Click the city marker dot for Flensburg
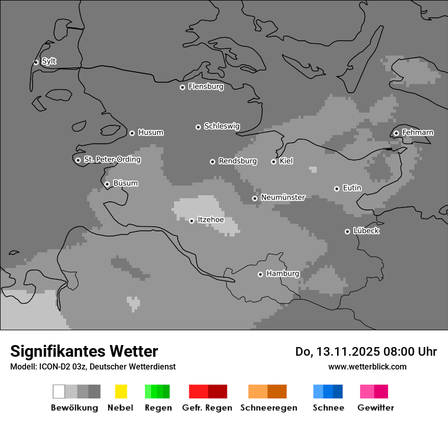click(x=182, y=87)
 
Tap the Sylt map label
click(x=49, y=62)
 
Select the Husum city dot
click(x=132, y=133)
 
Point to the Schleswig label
click(x=221, y=126)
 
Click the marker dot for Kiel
click(x=273, y=162)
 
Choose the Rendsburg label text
click(x=237, y=161)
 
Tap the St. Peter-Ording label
click(x=112, y=160)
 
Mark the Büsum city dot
click(x=107, y=184)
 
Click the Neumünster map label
click(x=283, y=197)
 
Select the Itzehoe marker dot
click(x=191, y=221)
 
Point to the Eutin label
click(x=352, y=188)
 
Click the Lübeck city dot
click(x=347, y=231)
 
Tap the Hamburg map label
click(x=283, y=274)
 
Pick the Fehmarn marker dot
click(x=396, y=133)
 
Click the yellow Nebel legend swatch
click(x=121, y=391)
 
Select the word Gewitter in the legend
click(x=375, y=408)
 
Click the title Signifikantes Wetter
click(x=84, y=351)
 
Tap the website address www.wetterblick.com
click(x=367, y=366)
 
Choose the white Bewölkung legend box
click(x=59, y=391)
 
